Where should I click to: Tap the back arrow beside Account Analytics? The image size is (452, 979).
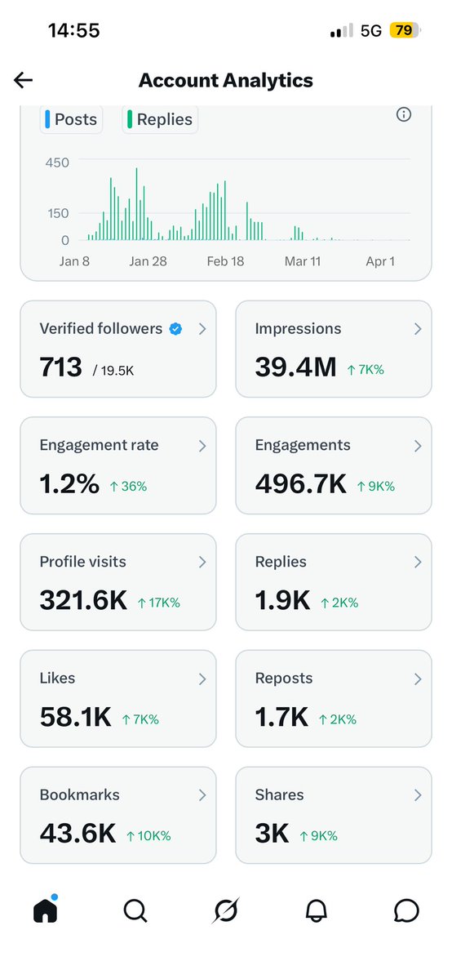[23, 79]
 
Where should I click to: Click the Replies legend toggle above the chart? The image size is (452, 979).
[161, 119]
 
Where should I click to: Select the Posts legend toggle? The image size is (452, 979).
[71, 119]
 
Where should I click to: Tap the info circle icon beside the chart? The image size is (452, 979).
[403, 114]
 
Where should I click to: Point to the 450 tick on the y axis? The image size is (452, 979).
[57, 162]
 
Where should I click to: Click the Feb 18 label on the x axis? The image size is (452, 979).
[226, 261]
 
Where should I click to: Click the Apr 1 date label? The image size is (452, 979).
[380, 261]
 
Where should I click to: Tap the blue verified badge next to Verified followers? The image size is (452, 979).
[175, 329]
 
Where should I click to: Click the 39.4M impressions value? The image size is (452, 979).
[295, 367]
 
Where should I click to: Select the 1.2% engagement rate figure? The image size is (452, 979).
[69, 484]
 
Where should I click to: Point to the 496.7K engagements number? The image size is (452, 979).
[301, 484]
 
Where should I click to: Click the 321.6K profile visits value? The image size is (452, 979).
[83, 601]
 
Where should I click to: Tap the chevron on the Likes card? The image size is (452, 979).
[202, 679]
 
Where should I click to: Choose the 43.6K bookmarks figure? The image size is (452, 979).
[78, 834]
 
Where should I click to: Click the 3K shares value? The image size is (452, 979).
[273, 834]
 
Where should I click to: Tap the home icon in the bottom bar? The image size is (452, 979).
[47, 910]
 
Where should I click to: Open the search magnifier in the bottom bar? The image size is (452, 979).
[135, 910]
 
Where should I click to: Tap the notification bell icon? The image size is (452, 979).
[317, 910]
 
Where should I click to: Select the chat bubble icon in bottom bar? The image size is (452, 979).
[406, 910]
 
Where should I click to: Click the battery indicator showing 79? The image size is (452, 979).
[404, 31]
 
